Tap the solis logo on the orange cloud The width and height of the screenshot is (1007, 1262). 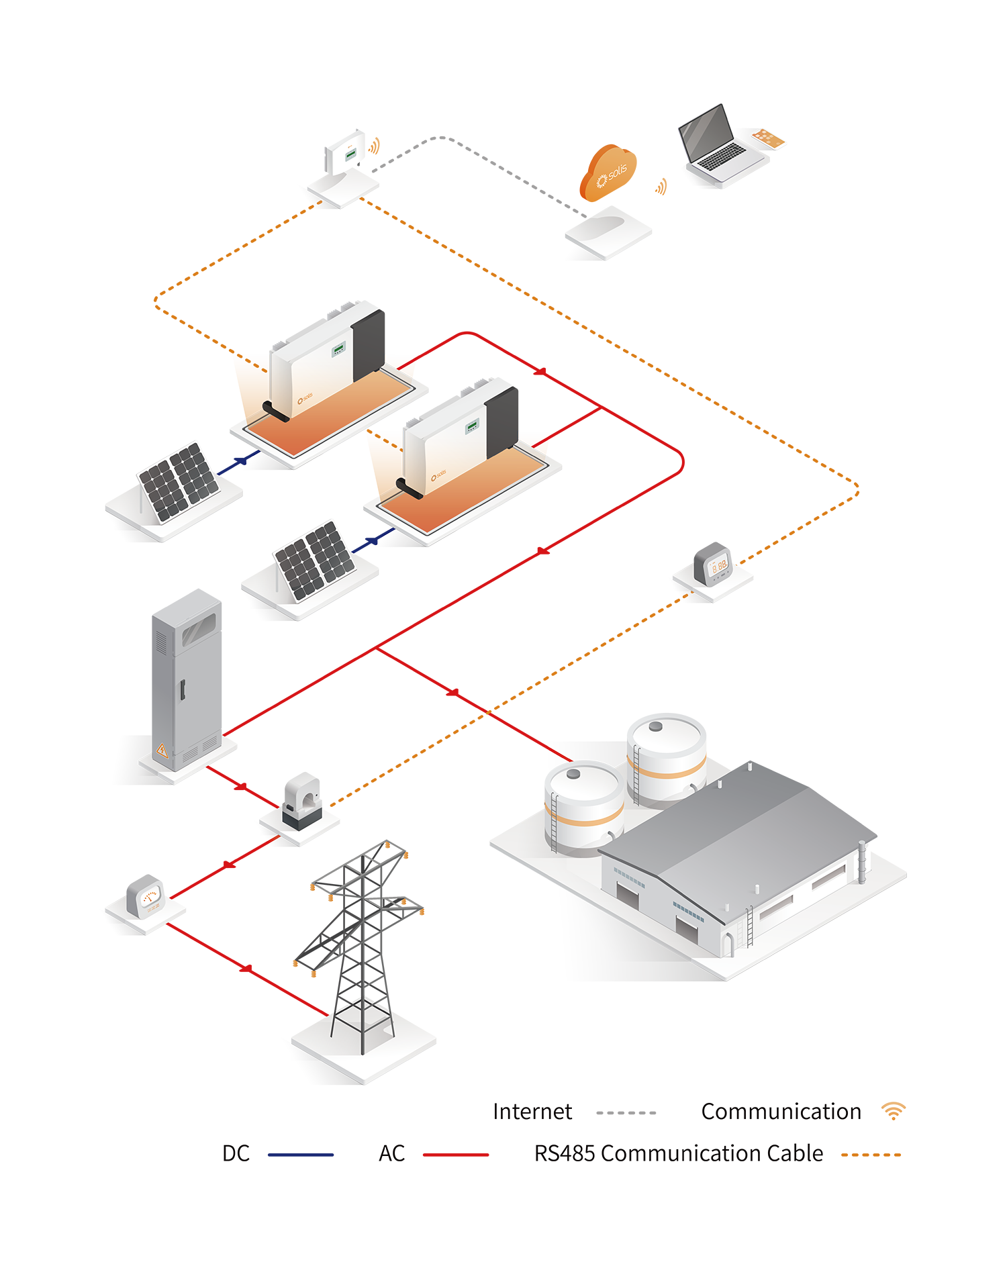612,175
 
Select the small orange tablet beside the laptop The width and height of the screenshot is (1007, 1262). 768,138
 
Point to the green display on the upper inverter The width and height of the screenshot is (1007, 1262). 338,348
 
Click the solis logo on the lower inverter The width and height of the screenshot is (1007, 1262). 438,477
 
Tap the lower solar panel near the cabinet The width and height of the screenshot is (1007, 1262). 314,560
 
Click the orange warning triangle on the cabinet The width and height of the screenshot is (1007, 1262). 161,749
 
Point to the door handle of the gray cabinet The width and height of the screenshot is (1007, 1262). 181,690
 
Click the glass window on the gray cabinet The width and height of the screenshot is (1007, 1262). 199,629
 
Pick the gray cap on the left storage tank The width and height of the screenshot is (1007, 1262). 573,774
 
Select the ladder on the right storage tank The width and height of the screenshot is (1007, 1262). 635,775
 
